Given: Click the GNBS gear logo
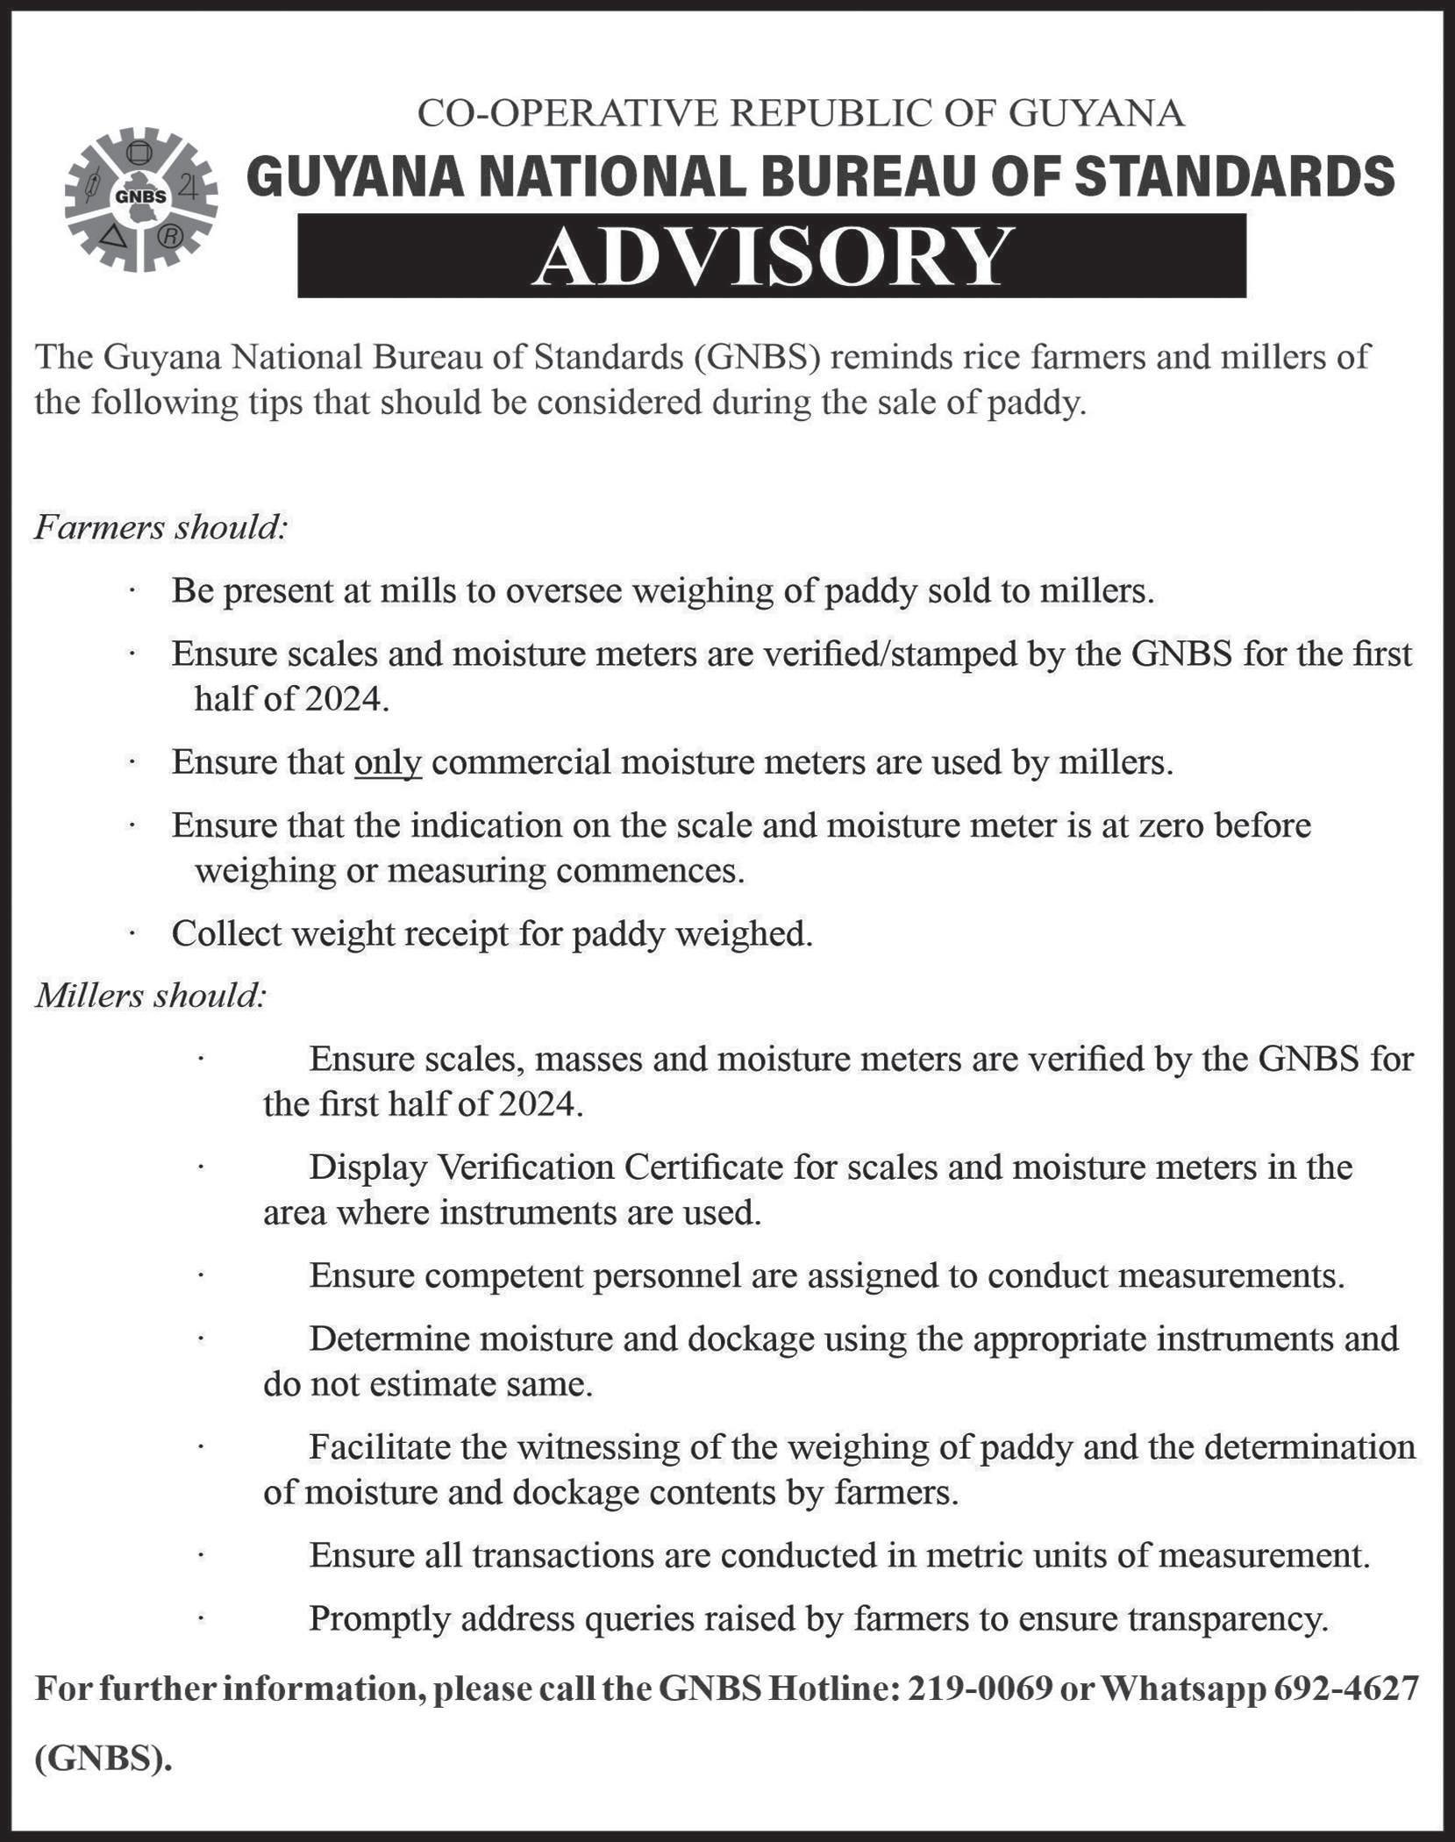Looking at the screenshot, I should [x=140, y=199].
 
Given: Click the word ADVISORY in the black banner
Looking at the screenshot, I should [x=771, y=257].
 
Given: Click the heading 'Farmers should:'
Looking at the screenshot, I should [x=161, y=528].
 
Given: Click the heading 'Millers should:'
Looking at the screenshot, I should [x=150, y=996].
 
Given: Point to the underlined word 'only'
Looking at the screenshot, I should [x=388, y=762].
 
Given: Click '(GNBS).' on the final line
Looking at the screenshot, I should [x=103, y=1760].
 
